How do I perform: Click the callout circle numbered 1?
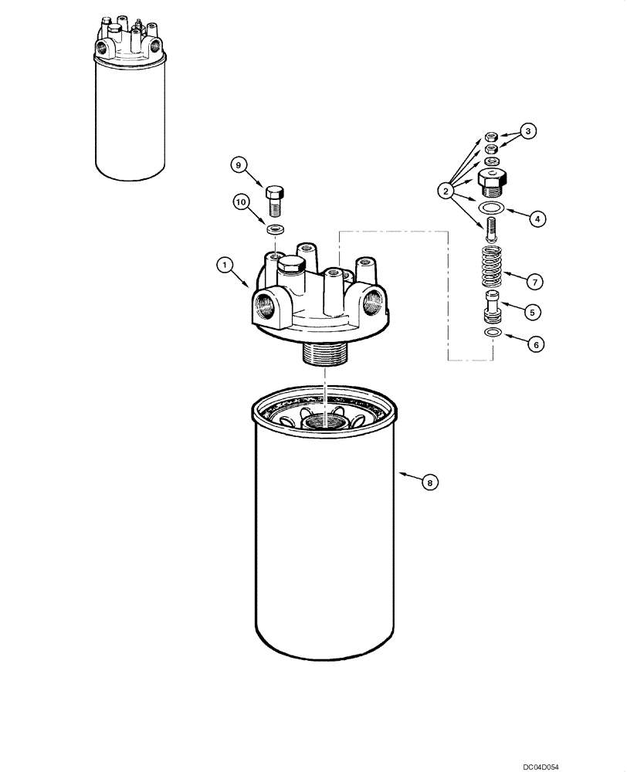tap(224, 266)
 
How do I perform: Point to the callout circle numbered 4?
tap(536, 218)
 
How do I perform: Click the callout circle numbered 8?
tap(431, 482)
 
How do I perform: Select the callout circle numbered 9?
tap(239, 164)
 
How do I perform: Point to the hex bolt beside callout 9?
tap(275, 200)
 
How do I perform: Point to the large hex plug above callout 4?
tap(492, 182)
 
